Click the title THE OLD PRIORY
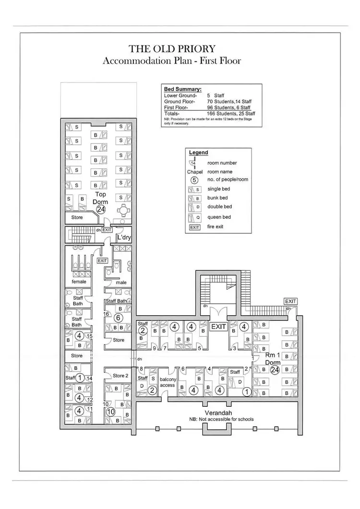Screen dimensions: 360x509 coord(172,49)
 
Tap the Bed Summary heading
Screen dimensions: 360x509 coord(183,89)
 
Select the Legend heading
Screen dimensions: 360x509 coord(199,153)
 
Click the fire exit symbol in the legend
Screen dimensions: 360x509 coord(194,227)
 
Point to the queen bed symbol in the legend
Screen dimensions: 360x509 coord(194,217)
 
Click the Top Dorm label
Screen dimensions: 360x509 coord(100,198)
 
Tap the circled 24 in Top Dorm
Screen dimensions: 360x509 coord(101,209)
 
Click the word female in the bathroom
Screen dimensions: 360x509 coord(79,282)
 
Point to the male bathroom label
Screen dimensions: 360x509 coord(121,283)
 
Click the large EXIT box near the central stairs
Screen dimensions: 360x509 coord(218,326)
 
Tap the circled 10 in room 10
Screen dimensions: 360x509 coord(111,412)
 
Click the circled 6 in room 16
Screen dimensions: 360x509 coord(118,318)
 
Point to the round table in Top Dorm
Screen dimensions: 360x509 coord(123,210)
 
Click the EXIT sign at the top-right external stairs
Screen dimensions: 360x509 coord(290,301)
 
